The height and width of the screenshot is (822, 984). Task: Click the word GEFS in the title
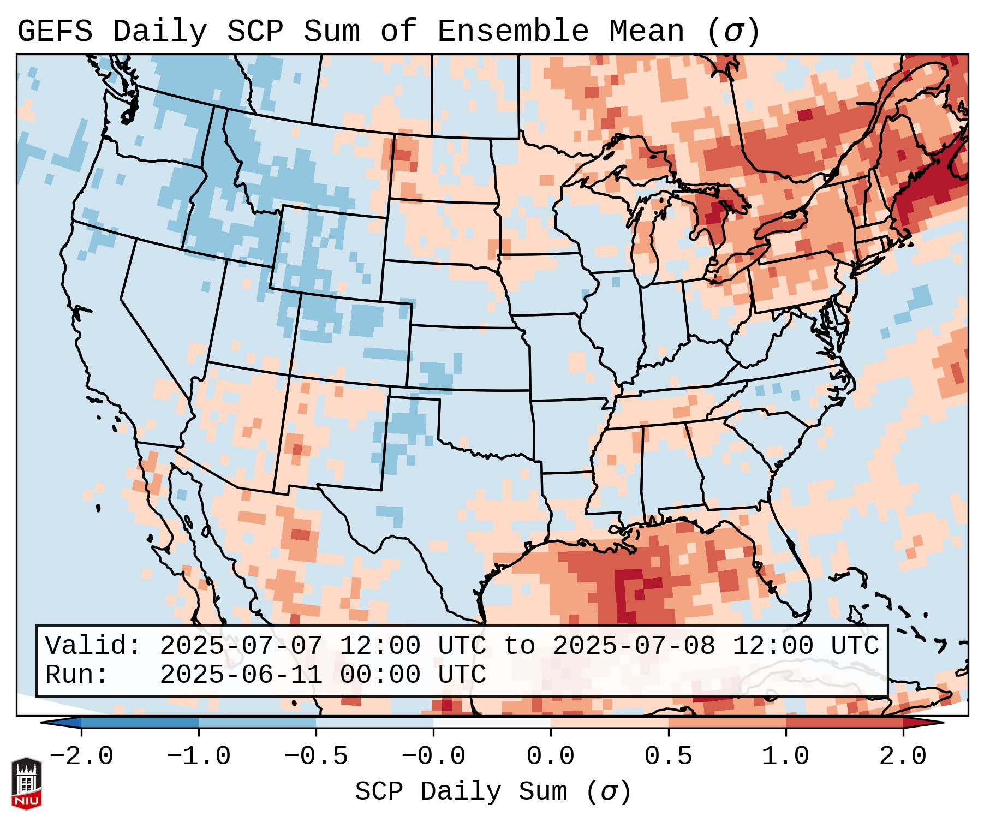click(55, 32)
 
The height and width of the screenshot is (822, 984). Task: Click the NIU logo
click(26, 783)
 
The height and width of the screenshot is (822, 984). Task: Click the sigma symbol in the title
click(733, 32)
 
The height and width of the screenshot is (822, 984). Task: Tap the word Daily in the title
click(159, 32)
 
